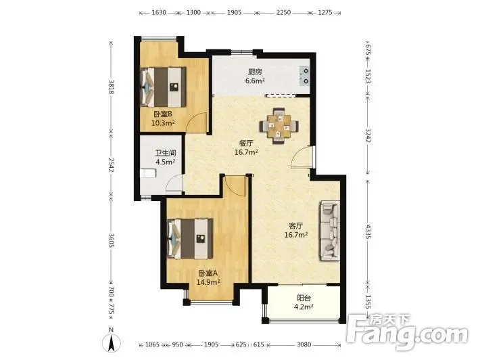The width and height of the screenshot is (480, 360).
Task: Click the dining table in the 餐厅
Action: point(279,126)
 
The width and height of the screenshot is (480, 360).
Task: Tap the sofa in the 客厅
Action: point(330,231)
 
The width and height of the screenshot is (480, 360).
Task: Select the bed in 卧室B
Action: point(163,87)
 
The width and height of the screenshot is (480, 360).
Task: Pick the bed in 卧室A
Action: point(190,239)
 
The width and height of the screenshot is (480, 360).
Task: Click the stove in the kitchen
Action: point(305,76)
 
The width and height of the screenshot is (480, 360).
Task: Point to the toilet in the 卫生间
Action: point(148,173)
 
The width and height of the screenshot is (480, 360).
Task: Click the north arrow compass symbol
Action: point(112,340)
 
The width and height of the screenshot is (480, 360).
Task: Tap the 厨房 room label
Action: point(255,72)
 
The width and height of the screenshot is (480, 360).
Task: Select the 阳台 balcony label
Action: point(304,298)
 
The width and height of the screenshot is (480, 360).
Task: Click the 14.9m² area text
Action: point(208,282)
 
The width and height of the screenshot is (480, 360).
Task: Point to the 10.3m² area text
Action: point(163,123)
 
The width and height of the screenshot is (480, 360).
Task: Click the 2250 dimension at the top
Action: point(283,13)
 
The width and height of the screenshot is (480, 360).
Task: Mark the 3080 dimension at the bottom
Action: point(304,344)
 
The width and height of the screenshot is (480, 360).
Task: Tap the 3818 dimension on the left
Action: point(111,87)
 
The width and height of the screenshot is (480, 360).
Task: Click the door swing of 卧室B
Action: point(197,122)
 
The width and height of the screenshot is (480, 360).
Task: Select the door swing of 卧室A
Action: point(235,186)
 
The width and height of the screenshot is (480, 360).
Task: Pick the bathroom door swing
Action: point(174,183)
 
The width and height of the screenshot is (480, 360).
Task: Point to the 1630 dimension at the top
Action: point(159,13)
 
